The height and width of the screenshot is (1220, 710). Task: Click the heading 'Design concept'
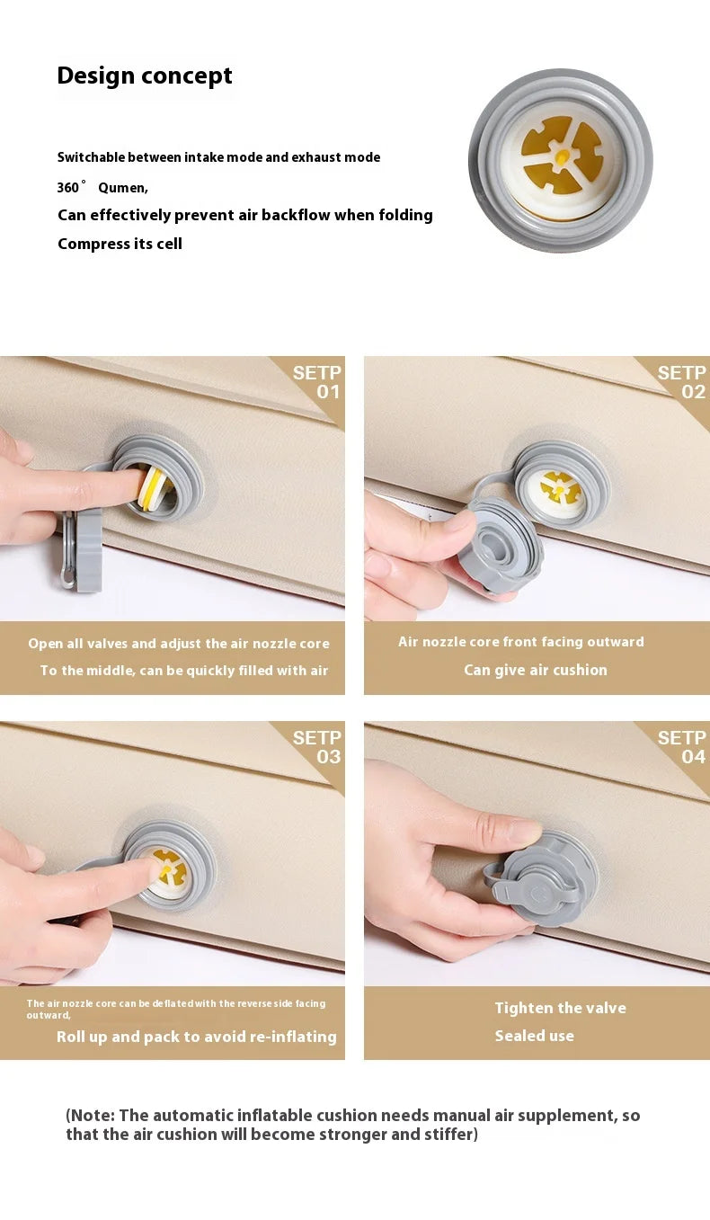point(145,76)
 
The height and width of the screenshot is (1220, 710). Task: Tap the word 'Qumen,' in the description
point(123,188)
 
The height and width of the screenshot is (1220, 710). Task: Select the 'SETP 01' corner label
point(317,382)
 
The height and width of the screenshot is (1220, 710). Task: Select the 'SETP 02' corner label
point(681,382)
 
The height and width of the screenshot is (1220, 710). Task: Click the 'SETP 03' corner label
point(317,747)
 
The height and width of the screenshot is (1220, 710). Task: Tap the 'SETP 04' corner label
point(681,747)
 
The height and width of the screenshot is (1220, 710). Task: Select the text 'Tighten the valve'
point(560,1008)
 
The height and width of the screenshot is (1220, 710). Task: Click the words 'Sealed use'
point(534,1036)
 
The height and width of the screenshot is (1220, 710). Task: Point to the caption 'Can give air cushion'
point(536,670)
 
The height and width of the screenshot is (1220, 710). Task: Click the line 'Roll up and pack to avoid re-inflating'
point(197,1037)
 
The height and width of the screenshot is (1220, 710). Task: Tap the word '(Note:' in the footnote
point(91,1116)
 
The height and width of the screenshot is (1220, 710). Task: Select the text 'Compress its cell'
point(120,244)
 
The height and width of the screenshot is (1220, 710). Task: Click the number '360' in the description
point(68,188)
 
